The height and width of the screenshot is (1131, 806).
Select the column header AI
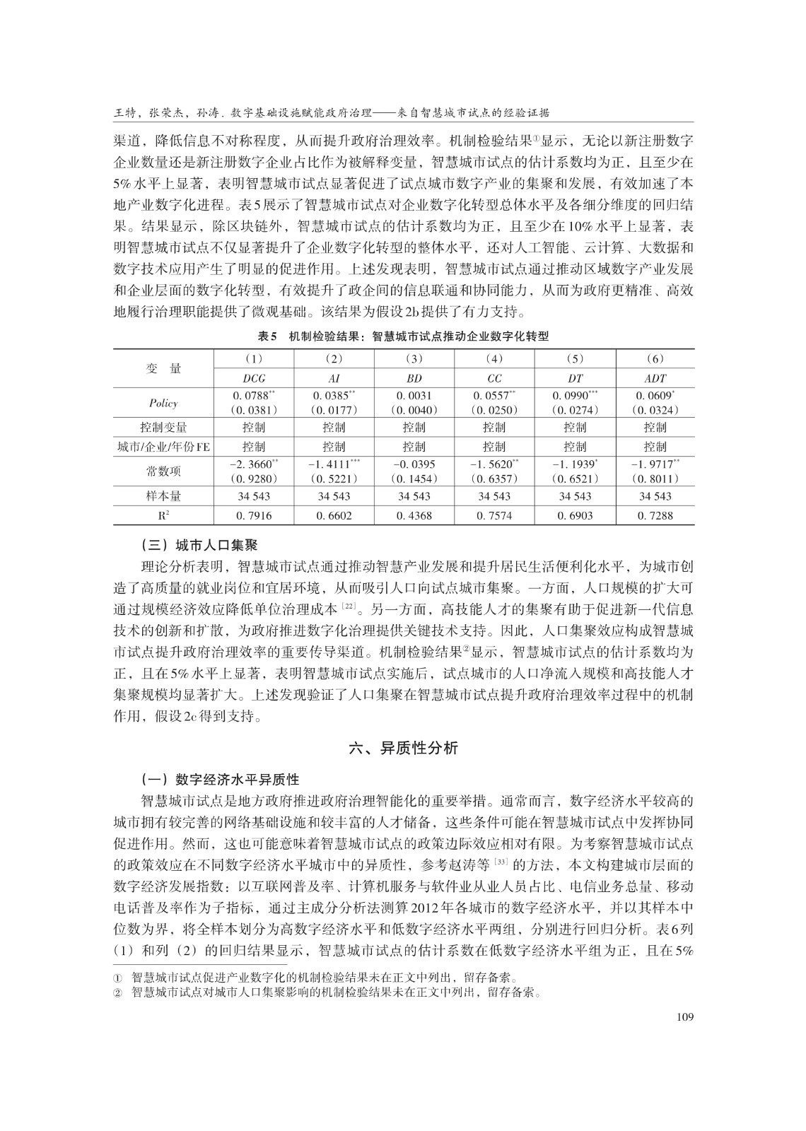(x=334, y=378)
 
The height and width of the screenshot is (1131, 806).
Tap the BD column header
(x=414, y=378)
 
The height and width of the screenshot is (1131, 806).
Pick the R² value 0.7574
(x=494, y=515)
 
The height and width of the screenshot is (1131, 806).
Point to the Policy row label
(x=163, y=403)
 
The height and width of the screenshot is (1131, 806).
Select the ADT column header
(x=655, y=378)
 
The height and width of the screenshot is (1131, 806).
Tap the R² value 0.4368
(x=414, y=515)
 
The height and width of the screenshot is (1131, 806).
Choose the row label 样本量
(x=163, y=496)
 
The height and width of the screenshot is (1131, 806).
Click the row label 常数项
(x=163, y=471)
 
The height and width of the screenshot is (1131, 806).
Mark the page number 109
(x=684, y=1017)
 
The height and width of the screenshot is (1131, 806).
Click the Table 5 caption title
(x=404, y=336)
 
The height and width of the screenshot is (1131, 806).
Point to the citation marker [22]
(x=348, y=606)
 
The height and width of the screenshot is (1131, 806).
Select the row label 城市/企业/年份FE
(x=163, y=447)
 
